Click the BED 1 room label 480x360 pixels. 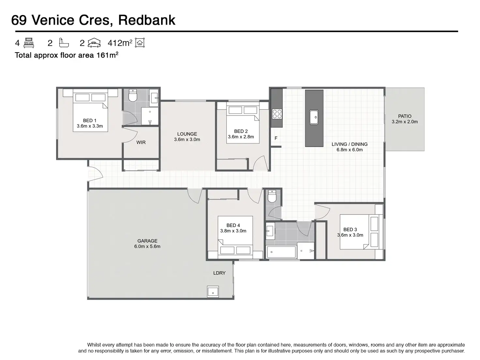(90, 121)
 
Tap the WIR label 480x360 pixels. (141, 142)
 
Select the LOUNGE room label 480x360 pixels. (187, 134)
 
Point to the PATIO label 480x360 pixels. (405, 116)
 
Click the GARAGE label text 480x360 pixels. (147, 241)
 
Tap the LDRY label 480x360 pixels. (219, 273)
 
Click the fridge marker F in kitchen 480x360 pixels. (276, 138)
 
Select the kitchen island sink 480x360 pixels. (314, 117)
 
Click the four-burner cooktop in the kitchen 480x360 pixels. (277, 114)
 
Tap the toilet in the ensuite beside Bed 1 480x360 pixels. (133, 96)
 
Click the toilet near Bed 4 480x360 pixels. (272, 196)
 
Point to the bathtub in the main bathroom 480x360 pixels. (281, 252)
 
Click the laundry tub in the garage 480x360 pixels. (213, 292)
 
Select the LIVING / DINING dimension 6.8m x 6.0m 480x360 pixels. (350, 150)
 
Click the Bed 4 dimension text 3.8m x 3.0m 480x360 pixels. (233, 231)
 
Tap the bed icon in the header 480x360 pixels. (29, 43)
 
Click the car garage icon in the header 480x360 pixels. (94, 43)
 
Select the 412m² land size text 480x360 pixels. (120, 43)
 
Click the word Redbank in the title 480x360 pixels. (147, 20)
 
